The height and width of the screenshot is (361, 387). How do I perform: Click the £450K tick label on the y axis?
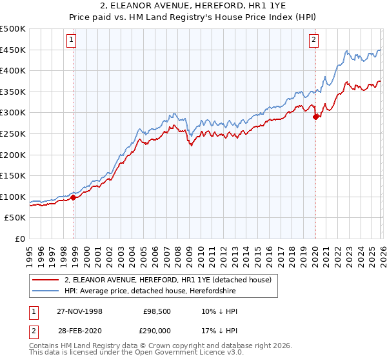pyautogui.click(x=13, y=50)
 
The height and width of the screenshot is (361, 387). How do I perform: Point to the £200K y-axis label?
pyautogui.click(x=13, y=155)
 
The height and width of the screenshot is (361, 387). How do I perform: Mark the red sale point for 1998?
pyautogui.click(x=73, y=198)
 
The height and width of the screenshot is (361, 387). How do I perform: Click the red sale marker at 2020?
pyautogui.click(x=315, y=117)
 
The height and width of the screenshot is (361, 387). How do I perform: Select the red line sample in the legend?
pyautogui.click(x=46, y=280)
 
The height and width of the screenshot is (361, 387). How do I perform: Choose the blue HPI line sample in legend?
pyautogui.click(x=46, y=291)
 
